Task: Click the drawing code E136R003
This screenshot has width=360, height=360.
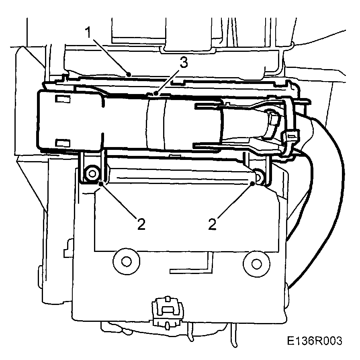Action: (x=315, y=341)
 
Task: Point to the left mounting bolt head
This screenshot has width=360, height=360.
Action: (x=93, y=174)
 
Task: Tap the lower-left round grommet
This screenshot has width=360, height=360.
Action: (x=127, y=261)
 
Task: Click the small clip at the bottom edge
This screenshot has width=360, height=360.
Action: (x=165, y=309)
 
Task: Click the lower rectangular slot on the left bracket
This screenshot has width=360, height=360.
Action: (x=62, y=142)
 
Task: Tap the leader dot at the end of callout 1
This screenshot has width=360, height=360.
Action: (x=128, y=74)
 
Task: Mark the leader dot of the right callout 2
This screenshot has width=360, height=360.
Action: (x=252, y=183)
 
